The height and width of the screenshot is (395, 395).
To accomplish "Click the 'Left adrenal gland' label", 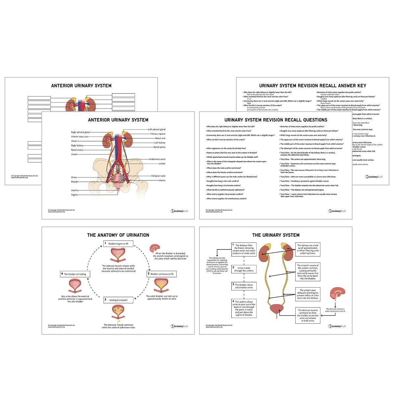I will pos(156,130).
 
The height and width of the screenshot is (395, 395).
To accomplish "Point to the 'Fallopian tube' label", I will pos(158,176).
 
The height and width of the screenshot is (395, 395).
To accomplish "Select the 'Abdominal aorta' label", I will pos(157,159).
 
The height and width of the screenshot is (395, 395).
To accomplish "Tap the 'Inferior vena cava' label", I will pos(80,137).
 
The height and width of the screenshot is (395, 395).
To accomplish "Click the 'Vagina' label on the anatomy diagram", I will pos(74,195).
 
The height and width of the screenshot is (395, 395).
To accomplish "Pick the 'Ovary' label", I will pos(74,177).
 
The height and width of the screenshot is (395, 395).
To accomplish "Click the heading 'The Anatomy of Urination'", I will pos(118,235).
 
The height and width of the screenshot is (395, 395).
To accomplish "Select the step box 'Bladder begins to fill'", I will pos(118,244).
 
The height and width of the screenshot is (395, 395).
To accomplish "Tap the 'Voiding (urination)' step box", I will pos(118,300).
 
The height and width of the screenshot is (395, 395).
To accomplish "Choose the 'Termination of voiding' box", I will pos(73,274).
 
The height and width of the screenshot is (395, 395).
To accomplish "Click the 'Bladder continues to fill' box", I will pos(162,274).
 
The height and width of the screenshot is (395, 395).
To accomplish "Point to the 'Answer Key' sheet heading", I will pos(312,86).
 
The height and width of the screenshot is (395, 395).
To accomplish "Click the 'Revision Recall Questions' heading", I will pos(276,120).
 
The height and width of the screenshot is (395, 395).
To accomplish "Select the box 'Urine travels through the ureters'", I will pos(244,269).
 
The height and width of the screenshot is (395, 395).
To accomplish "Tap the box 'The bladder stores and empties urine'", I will pos(244,286).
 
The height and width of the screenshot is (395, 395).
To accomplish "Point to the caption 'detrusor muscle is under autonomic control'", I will pos(335,310).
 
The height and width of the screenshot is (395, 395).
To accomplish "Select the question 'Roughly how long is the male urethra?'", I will pos(223,181).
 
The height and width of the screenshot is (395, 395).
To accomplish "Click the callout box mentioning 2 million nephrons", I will pos(308,249).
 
